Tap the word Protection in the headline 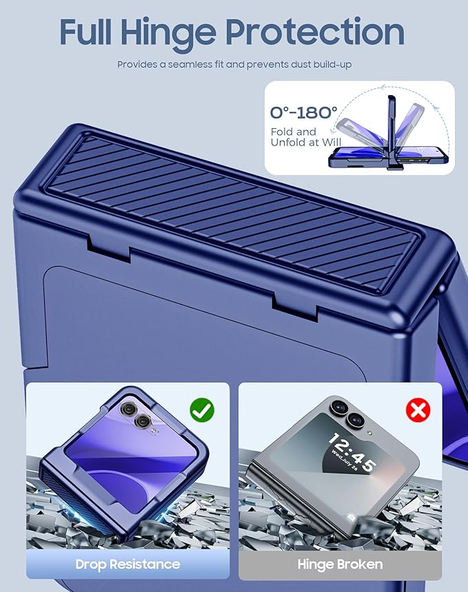point(315,31)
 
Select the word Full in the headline point(85,31)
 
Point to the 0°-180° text point(303,112)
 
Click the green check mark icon point(202,410)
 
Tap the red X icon point(418,409)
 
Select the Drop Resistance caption point(128,564)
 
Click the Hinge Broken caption point(340,564)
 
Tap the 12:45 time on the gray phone point(352,452)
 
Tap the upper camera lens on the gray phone point(338,407)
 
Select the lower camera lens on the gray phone point(355,420)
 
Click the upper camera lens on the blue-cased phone point(128,409)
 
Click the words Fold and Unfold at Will point(306,136)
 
